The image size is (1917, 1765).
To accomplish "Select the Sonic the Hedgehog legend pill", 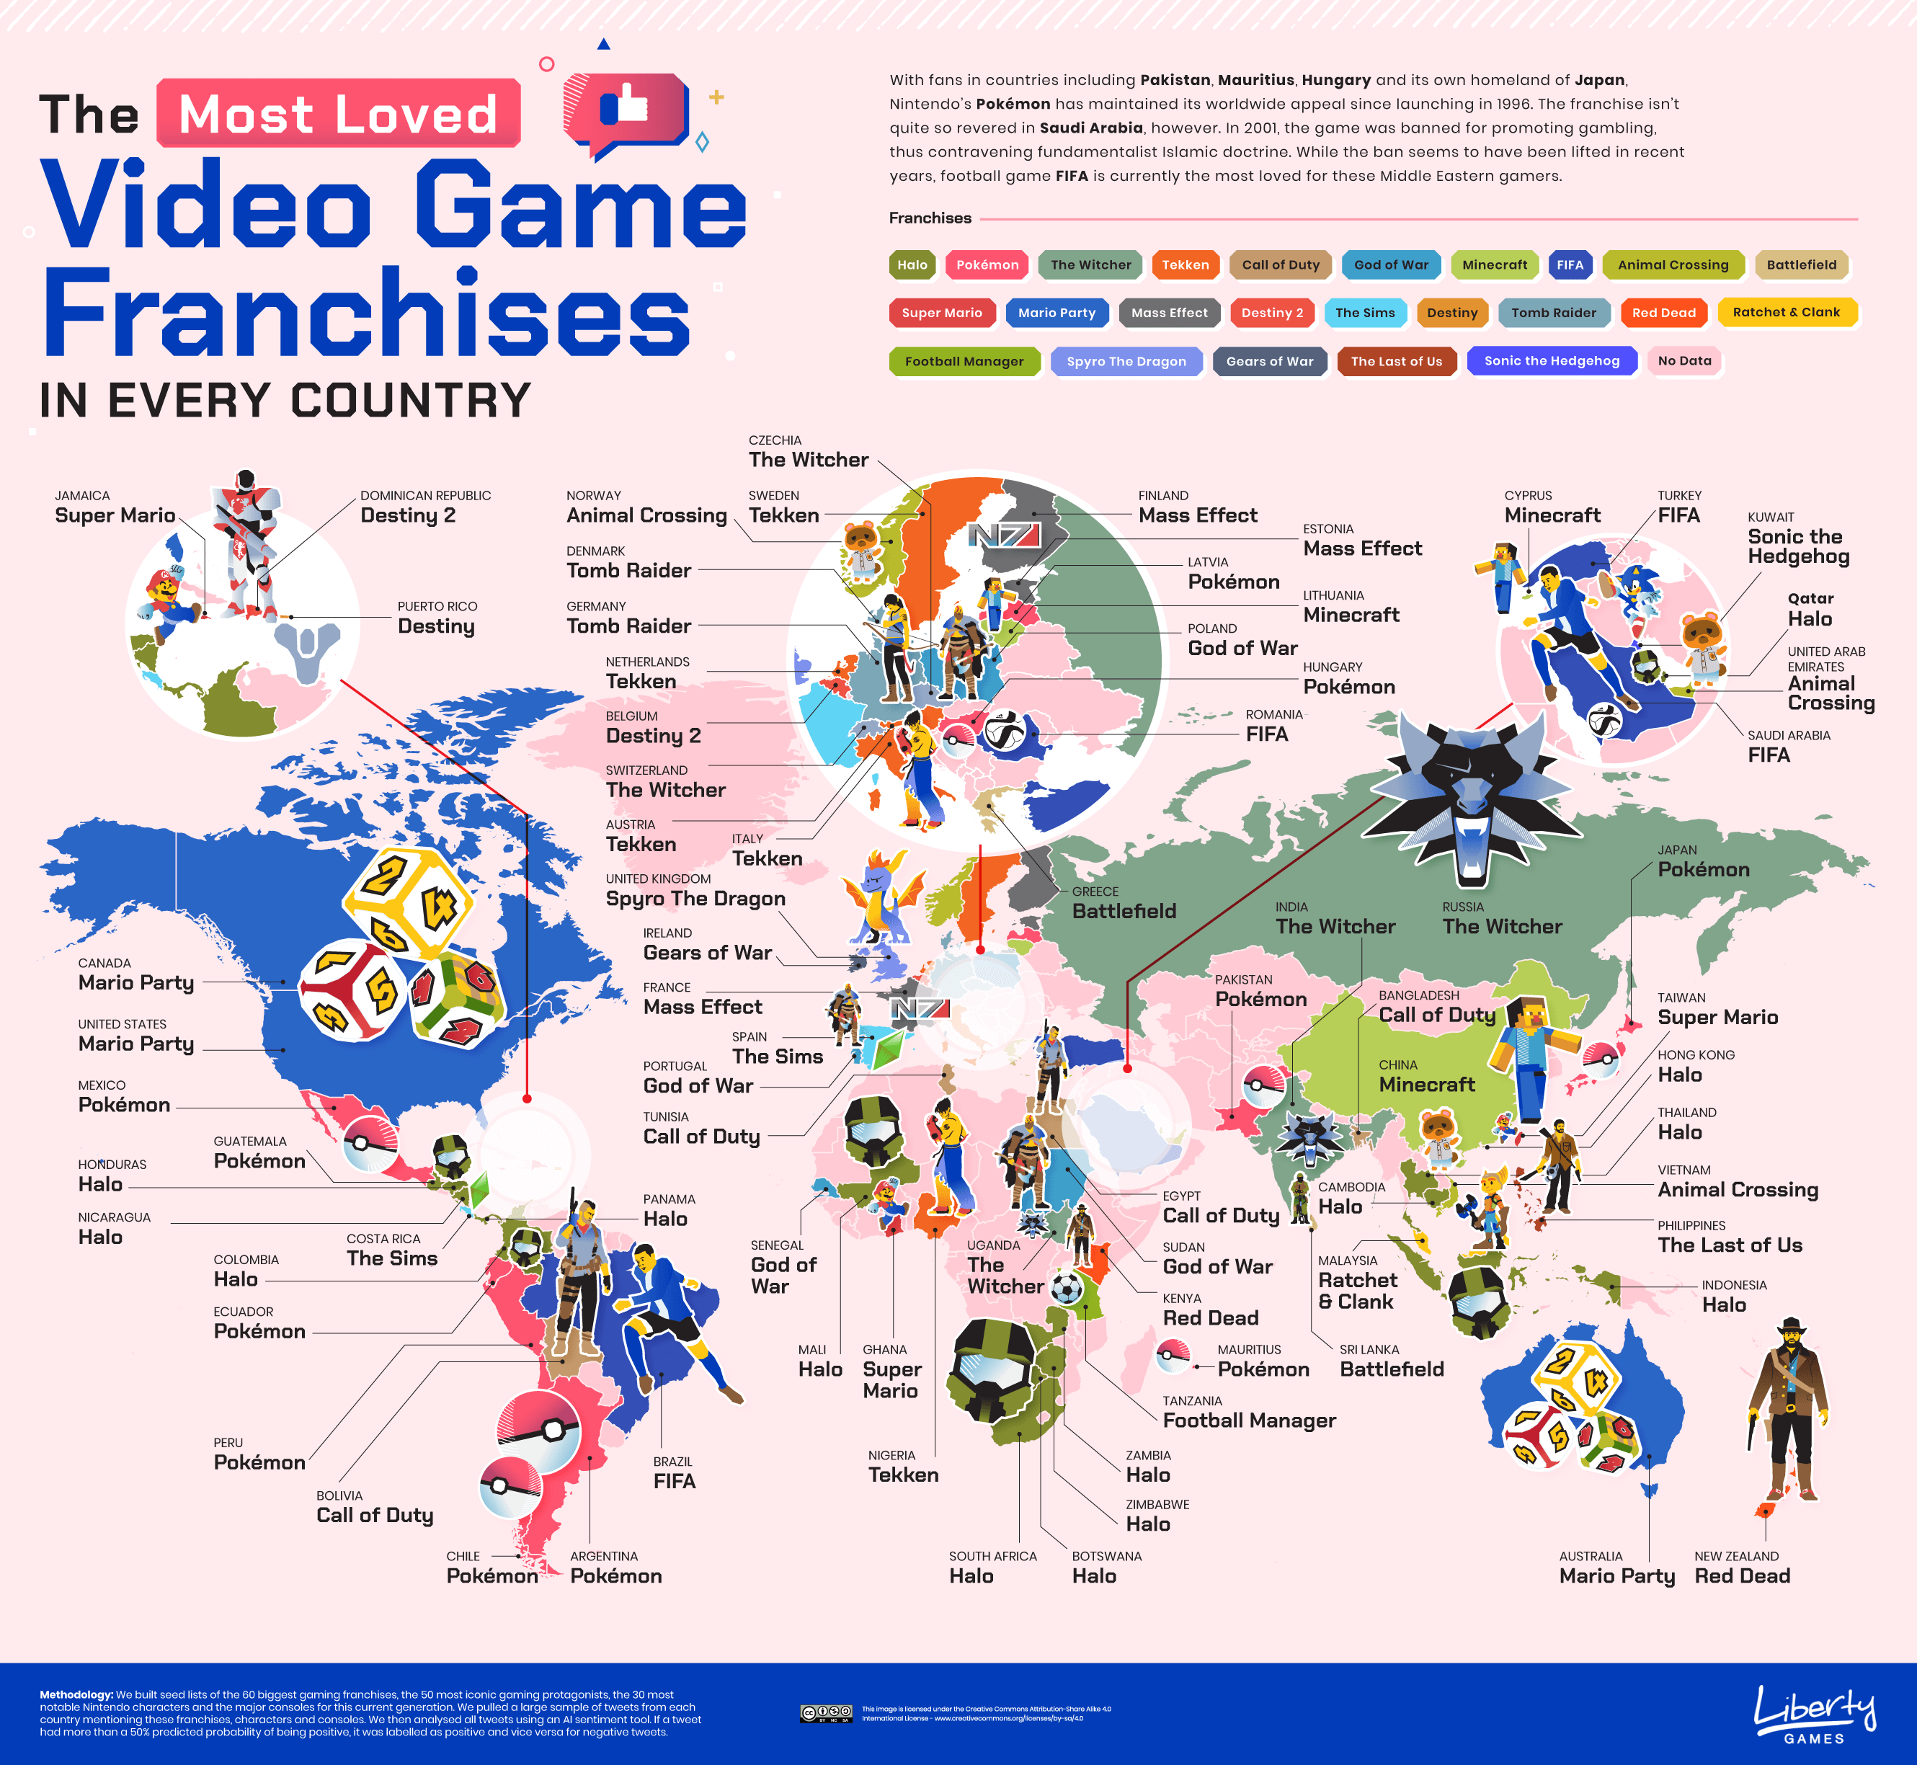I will [1551, 361].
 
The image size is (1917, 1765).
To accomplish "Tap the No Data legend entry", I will [1684, 361].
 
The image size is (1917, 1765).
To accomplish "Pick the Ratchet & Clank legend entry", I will [1786, 312].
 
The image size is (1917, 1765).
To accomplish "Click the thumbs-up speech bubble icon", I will [626, 112].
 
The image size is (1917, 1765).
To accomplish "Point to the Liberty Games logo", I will [1815, 1715].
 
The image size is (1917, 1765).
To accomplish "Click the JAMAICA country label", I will [82, 496].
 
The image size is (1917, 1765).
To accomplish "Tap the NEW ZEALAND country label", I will [1737, 1556].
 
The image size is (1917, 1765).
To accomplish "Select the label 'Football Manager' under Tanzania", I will [1248, 1421].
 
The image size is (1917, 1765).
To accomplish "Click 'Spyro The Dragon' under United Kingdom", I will [695, 899].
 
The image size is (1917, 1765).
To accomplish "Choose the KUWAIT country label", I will [1771, 517].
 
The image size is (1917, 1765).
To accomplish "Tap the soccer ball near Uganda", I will [1066, 1287].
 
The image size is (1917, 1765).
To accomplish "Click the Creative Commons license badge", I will [826, 1713].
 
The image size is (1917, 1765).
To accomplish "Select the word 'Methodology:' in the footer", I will [76, 1694].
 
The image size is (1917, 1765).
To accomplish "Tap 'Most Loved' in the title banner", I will [338, 114].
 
